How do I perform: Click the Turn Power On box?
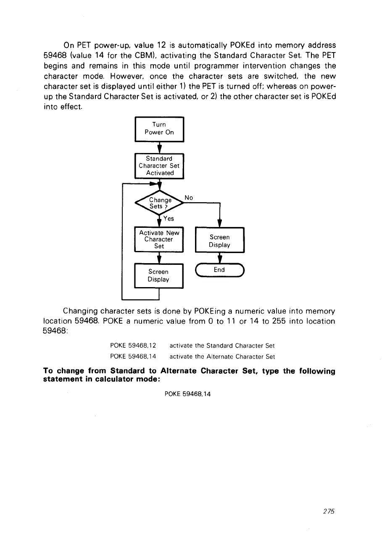(x=159, y=129)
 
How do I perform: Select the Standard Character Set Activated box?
(x=159, y=166)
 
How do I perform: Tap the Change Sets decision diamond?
(x=159, y=203)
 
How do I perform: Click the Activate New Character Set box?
(x=159, y=239)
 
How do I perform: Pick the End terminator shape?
(x=219, y=270)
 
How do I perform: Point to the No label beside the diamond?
(x=189, y=197)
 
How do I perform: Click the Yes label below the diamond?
(x=169, y=219)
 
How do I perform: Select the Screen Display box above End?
(x=219, y=241)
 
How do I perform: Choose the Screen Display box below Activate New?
(x=158, y=275)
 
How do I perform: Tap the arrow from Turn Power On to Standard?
(x=159, y=148)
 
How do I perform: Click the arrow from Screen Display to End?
(x=219, y=257)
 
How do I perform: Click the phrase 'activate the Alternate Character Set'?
(x=222, y=356)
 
